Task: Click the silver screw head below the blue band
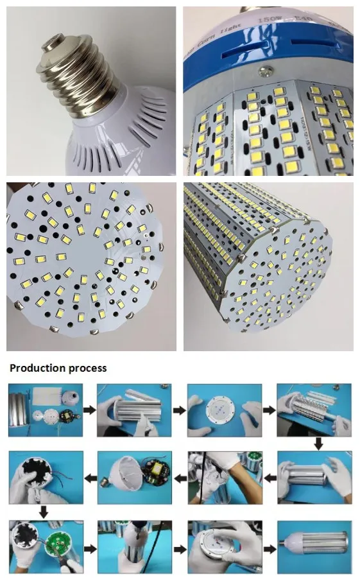[x=262, y=73]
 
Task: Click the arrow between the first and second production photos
[x=90, y=409]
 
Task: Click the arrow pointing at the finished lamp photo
[x=270, y=548]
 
